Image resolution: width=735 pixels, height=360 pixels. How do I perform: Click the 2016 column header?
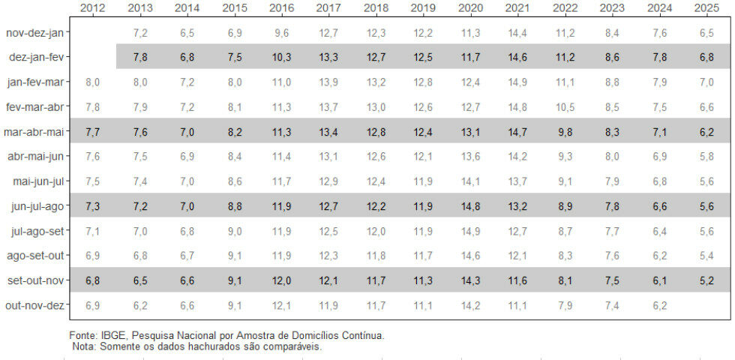[281, 8]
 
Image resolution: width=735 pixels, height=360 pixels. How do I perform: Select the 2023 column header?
[612, 8]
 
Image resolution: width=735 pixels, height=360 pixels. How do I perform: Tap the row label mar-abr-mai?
[34, 132]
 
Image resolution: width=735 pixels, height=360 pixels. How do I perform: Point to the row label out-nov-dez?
[34, 305]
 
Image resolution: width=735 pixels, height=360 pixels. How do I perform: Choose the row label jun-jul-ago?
[35, 206]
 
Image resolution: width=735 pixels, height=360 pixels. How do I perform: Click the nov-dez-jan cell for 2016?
[281, 33]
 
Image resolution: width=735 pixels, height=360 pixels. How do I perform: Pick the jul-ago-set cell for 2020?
[470, 231]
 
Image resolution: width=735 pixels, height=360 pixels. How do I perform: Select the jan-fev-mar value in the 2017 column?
[328, 82]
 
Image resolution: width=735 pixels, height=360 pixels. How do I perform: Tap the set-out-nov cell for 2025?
[706, 280]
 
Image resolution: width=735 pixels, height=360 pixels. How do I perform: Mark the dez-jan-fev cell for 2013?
[139, 58]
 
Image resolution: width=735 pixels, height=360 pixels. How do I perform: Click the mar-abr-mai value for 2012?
[92, 132]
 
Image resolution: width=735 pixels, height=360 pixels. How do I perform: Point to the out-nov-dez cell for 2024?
[659, 305]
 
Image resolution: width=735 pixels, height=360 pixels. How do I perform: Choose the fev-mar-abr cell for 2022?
[565, 107]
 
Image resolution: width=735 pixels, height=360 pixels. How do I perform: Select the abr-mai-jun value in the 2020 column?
[470, 157]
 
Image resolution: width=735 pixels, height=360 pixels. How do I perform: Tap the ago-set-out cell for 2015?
[234, 256]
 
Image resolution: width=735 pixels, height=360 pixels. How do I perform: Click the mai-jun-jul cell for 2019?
[423, 181]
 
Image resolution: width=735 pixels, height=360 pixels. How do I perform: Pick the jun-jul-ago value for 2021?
[517, 206]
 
